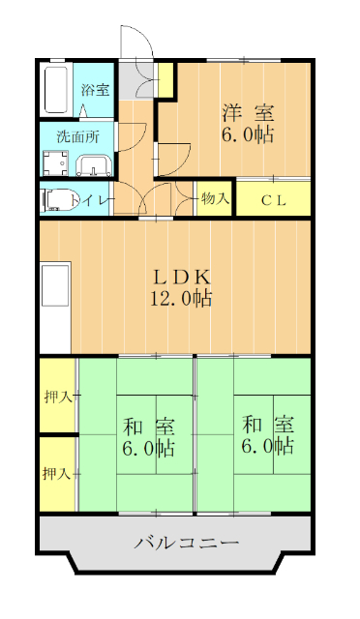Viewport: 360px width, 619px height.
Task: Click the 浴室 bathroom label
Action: click(x=95, y=90)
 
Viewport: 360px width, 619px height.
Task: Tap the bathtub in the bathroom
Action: click(x=56, y=89)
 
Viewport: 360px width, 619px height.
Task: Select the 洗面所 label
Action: click(x=77, y=135)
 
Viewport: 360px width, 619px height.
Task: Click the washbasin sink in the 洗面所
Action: click(x=94, y=165)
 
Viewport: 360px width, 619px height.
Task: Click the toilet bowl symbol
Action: click(x=56, y=200)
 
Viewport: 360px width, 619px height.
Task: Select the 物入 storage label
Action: click(x=215, y=199)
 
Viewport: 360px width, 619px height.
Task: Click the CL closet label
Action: click(x=273, y=200)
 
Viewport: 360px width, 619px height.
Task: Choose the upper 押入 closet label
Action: click(x=57, y=397)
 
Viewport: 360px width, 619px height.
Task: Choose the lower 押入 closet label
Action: click(x=57, y=474)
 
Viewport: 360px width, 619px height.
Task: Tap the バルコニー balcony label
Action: click(x=186, y=543)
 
